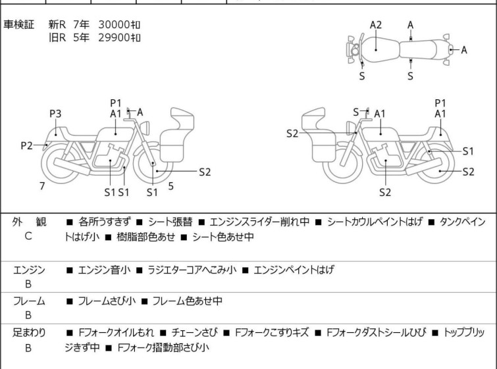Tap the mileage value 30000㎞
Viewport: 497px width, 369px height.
point(119,24)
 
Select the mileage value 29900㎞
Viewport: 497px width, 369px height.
point(119,37)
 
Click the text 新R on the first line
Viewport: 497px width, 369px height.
point(58,24)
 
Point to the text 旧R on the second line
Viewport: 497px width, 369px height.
point(58,37)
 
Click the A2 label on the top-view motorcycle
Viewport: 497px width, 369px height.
point(376,25)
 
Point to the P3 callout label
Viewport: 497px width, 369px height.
point(55,114)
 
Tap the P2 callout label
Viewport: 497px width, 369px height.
point(26,145)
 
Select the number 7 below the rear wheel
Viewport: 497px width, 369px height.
point(42,186)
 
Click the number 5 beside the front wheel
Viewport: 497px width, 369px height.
point(170,186)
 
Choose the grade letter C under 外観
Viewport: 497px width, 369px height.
point(28,235)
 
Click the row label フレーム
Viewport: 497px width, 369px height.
point(28,301)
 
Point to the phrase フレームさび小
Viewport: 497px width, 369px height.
point(107,301)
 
